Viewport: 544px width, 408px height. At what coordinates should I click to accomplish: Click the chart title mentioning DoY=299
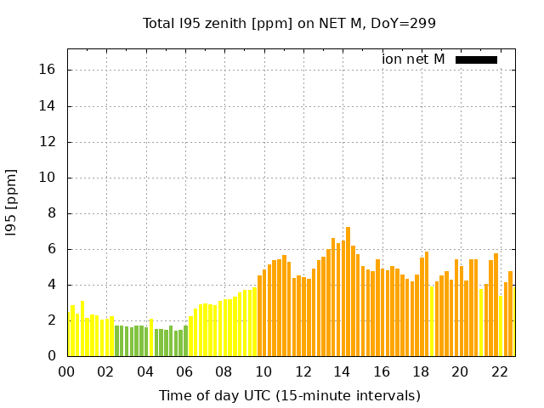coord(289,23)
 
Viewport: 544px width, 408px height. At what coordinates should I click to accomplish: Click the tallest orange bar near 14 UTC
coord(348,292)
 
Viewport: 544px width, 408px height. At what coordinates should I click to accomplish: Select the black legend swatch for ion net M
coord(476,59)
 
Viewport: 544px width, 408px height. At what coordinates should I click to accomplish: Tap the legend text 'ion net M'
coord(413,59)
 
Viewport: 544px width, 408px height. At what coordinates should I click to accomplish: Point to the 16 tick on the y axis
coord(48,71)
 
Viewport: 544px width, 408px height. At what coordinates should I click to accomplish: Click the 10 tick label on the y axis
coord(48,178)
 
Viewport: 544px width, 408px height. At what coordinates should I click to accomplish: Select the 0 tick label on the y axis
coord(52,356)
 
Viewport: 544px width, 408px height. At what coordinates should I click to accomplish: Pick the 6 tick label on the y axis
coord(52,249)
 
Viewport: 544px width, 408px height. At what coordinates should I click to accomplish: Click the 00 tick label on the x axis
coord(67,371)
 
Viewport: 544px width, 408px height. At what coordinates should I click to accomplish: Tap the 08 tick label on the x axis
coord(224,371)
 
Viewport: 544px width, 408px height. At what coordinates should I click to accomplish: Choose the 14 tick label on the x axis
coord(342,371)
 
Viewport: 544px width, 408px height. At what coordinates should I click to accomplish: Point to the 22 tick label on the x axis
coord(499,371)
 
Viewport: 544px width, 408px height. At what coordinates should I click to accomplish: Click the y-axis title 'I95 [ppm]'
coord(12,201)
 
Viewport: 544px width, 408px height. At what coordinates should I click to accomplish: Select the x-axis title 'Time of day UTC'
coord(289,395)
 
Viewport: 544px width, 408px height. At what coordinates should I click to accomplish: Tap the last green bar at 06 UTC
coord(185,341)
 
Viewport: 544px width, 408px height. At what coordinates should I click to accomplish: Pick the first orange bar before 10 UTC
coord(259,315)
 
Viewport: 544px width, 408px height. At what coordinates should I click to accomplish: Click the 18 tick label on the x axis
coord(421,371)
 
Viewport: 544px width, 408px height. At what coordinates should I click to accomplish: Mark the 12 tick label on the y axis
coord(48,142)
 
